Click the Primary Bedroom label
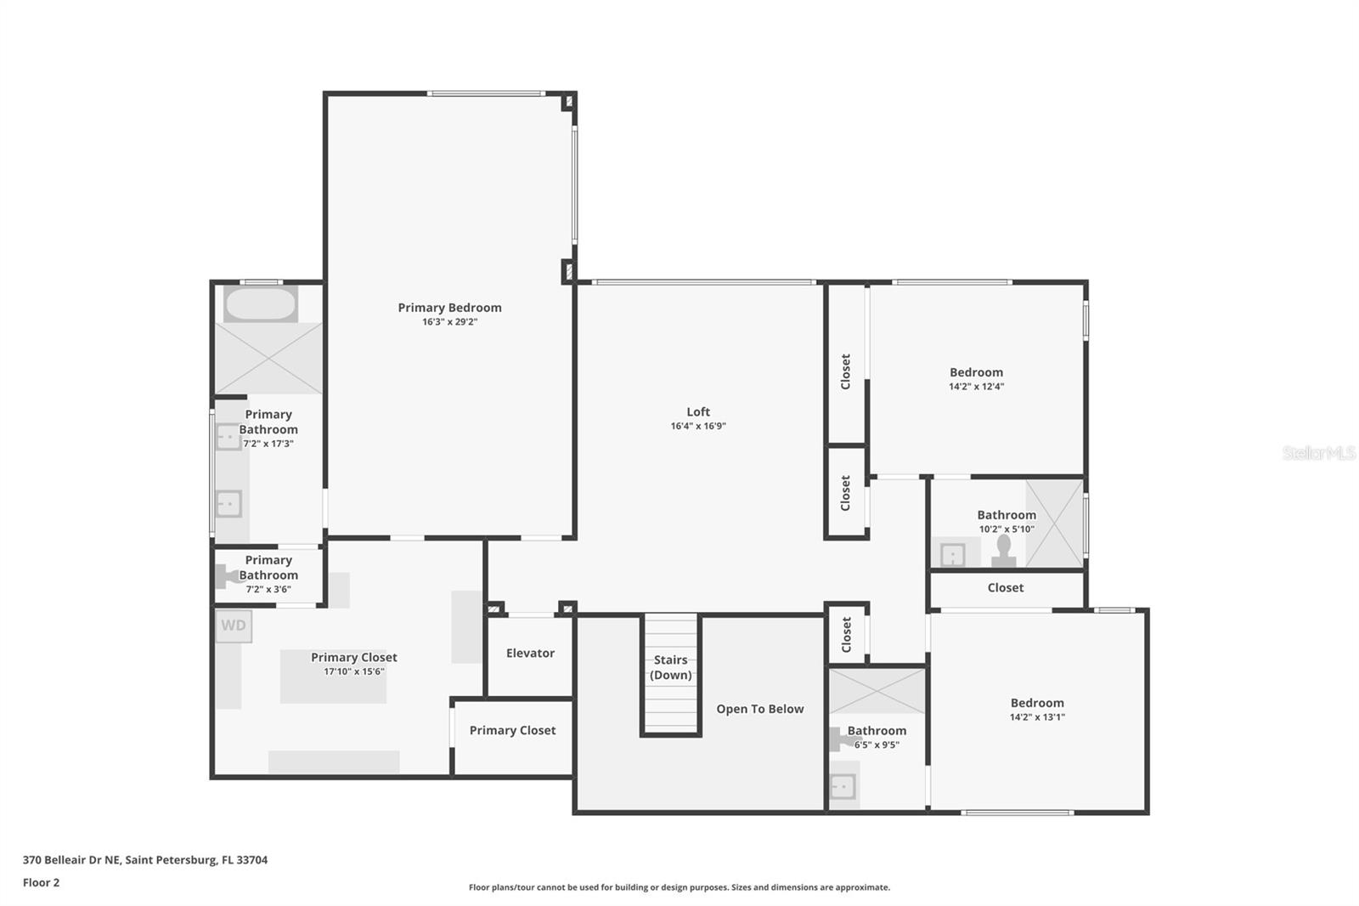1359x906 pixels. pos(449,308)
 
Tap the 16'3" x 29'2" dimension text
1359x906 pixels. pos(449,322)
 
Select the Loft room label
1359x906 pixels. pos(698,412)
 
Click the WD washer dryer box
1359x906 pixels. pos(234,626)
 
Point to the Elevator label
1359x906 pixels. pos(530,654)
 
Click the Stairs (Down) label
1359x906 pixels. pos(670,667)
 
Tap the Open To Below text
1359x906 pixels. pos(759,709)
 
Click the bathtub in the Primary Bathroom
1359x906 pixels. pos(260,304)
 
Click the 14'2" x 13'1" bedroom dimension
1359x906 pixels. pos(1037,717)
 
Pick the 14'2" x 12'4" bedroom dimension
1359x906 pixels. pos(976,387)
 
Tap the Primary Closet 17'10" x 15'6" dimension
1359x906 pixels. pos(353,671)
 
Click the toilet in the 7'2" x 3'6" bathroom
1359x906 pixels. pos(227,577)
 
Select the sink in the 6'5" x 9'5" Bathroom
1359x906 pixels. pos(843,787)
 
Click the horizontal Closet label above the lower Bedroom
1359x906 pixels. pos(1005,588)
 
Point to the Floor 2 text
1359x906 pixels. pos(41,882)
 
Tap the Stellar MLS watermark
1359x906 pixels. pos(1318,454)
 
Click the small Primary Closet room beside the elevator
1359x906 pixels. pos(512,731)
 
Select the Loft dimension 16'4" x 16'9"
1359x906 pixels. pos(698,427)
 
